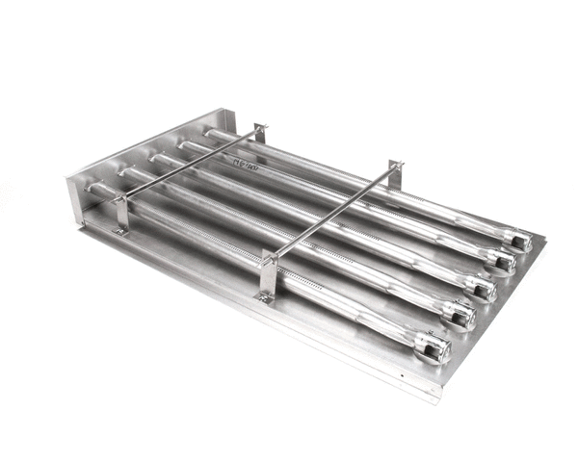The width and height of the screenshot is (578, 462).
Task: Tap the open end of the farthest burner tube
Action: coord(521,242)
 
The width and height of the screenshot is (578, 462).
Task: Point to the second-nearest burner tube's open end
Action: coord(462,316)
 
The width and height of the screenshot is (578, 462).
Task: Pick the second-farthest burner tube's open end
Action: coord(503,261)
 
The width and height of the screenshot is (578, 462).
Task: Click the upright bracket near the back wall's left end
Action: coord(119,213)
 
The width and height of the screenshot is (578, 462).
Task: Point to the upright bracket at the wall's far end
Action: coord(258,133)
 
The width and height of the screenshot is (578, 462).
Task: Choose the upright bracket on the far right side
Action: coord(394,175)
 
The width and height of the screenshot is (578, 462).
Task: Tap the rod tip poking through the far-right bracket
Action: coord(402,165)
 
